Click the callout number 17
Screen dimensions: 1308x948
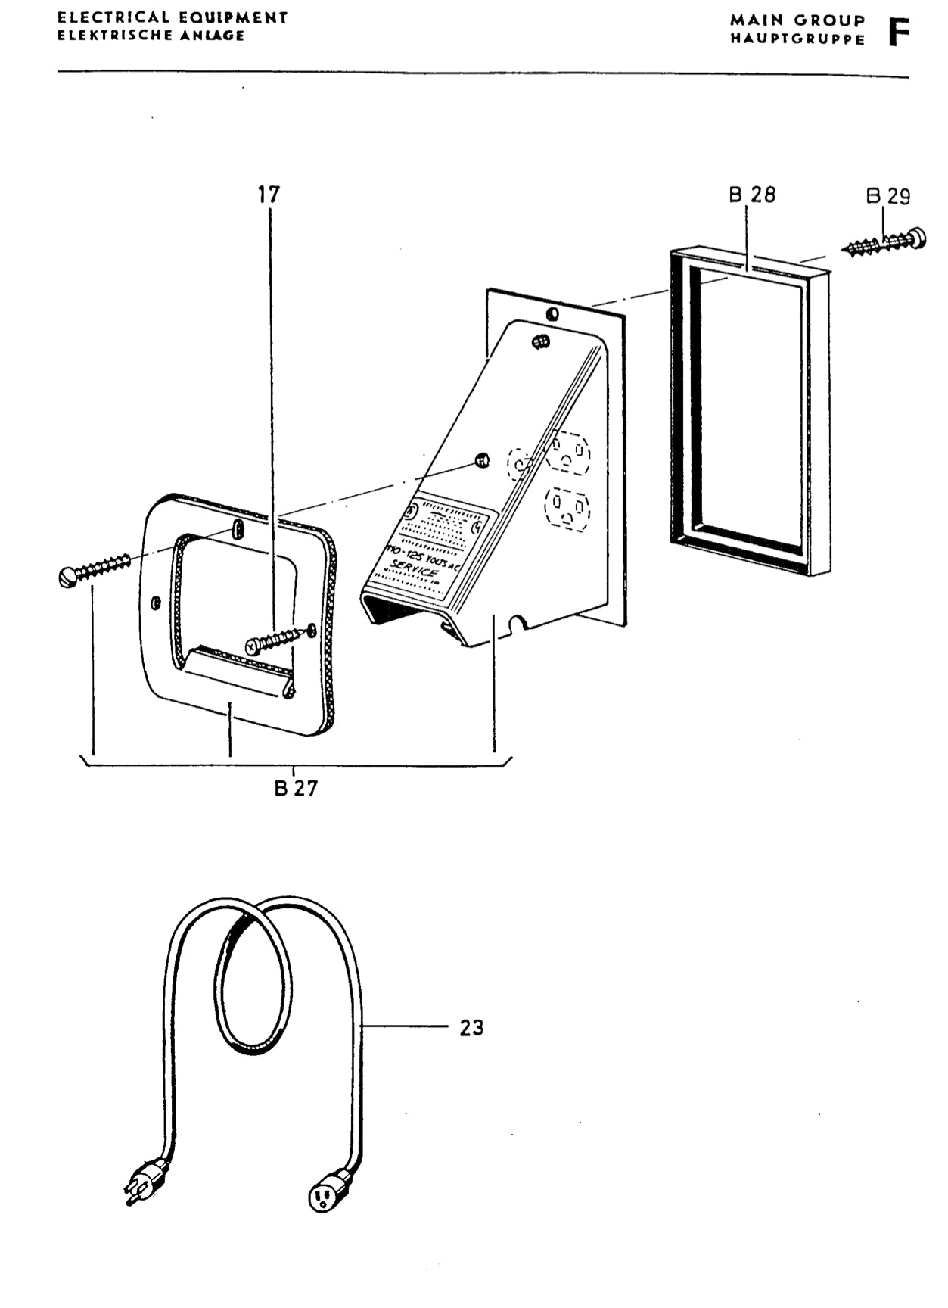click(x=269, y=195)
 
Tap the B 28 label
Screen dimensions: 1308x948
click(x=752, y=195)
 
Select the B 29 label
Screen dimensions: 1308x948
click(x=888, y=196)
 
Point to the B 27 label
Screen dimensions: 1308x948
click(x=296, y=788)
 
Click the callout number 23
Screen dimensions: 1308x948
click(x=471, y=1027)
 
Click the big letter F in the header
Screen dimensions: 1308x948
click(x=898, y=32)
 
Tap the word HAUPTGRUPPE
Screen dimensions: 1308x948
click(x=797, y=39)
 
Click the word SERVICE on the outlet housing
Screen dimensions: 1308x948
click(x=415, y=569)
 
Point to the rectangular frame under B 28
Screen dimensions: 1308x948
click(x=749, y=413)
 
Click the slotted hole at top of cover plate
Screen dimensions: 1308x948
click(x=238, y=527)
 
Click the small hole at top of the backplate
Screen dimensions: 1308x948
click(x=552, y=313)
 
